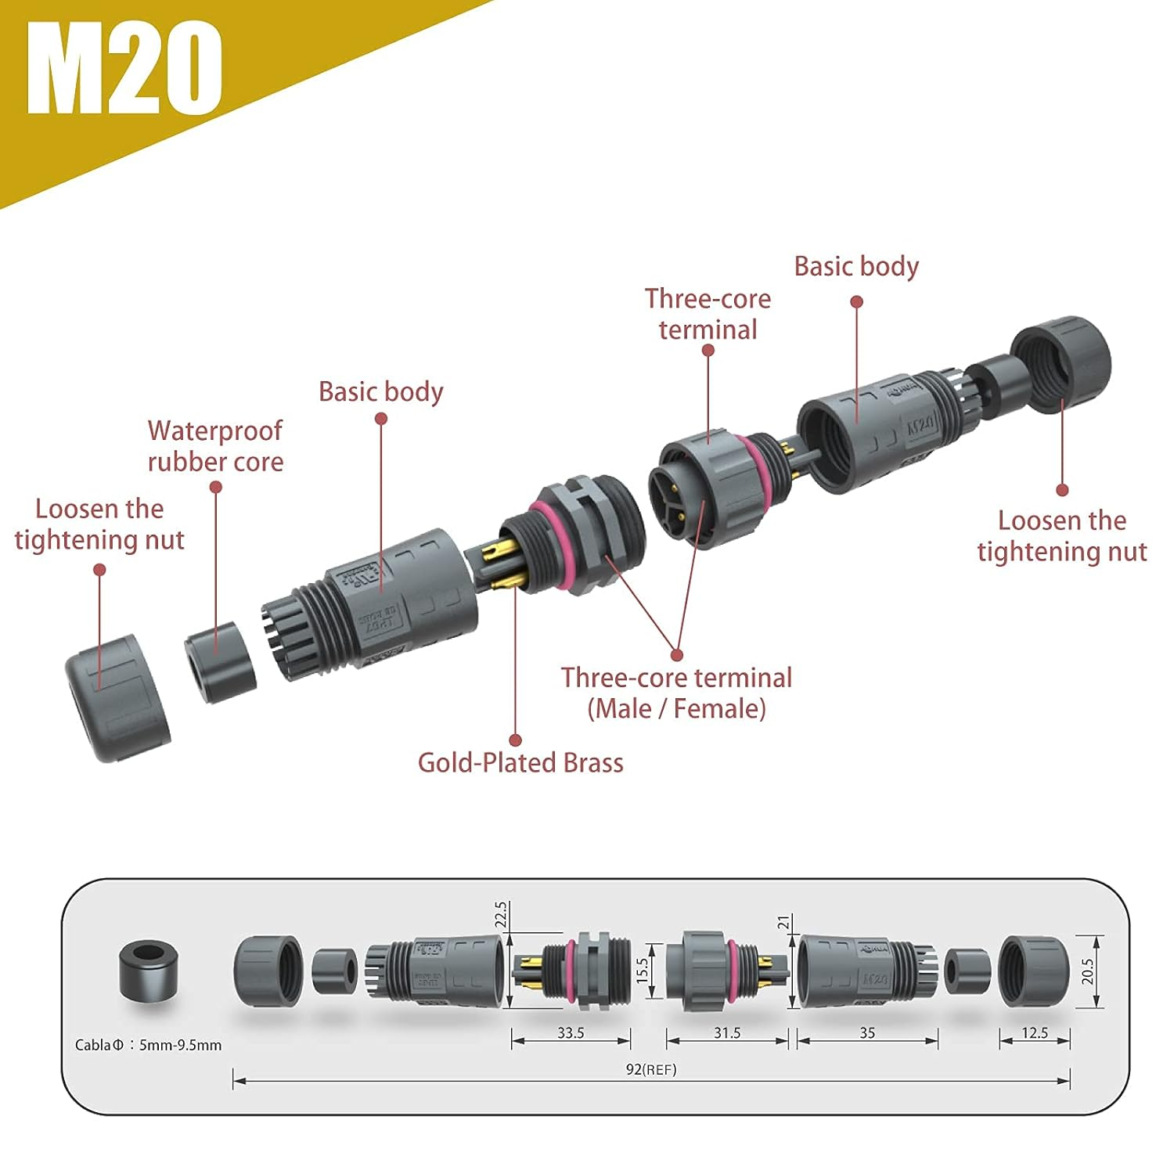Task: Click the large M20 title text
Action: coord(124,68)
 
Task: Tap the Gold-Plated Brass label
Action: coord(520,763)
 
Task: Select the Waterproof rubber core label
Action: coord(215,446)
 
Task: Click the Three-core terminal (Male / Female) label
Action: coord(676,693)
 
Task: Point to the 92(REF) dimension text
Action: coord(651,1070)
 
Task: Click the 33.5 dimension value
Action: coord(571,1033)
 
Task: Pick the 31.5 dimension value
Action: coord(726,1033)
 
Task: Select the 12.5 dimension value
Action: coord(1034,1033)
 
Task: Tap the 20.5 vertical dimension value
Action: coord(1087,972)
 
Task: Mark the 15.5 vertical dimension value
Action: coord(643,971)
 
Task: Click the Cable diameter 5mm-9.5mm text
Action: coord(148,1045)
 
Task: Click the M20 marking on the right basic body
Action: coord(920,426)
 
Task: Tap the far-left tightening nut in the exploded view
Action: coord(117,698)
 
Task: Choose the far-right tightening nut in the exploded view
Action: coord(1061,364)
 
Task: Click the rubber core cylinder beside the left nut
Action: coord(221,662)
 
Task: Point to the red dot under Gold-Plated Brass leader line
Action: coord(515,740)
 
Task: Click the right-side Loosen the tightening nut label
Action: coord(1061,536)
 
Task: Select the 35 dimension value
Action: coord(867,1033)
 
